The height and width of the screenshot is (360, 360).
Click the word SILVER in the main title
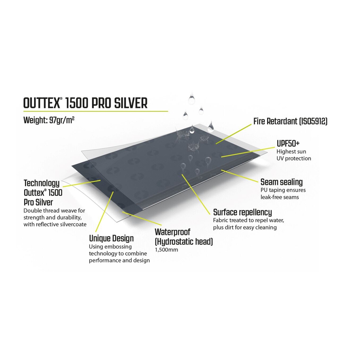[x=131, y=103]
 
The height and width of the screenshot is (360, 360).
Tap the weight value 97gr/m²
[x=62, y=120]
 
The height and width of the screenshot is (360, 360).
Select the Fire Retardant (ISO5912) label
[x=290, y=121]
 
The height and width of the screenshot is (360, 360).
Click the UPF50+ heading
[x=288, y=143]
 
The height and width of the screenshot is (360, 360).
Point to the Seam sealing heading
[x=281, y=182]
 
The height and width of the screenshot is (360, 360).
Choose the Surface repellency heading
[x=243, y=212]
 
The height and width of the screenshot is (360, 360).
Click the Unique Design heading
[x=111, y=239]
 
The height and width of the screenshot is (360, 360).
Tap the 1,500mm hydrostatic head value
[x=167, y=250]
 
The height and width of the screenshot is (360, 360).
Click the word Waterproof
[x=172, y=232]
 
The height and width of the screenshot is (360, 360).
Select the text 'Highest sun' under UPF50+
[x=291, y=152]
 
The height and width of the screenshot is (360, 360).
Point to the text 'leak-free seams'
[x=279, y=197]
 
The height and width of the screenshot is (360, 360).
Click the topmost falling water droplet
[x=191, y=99]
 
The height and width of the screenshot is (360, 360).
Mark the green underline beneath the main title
[x=96, y=111]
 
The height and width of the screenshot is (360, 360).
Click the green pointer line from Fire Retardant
[x=233, y=134]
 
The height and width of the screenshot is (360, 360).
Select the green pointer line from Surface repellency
[x=196, y=194]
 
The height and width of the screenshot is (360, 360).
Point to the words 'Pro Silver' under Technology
[x=38, y=202]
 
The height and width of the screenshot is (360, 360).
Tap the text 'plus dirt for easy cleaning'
[x=245, y=227]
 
